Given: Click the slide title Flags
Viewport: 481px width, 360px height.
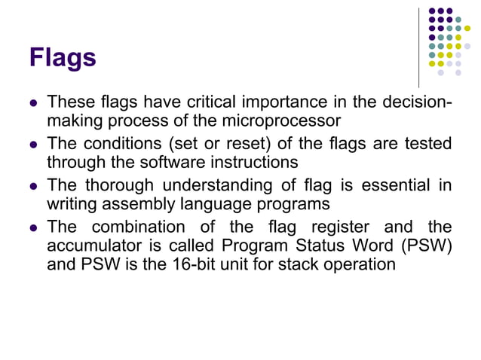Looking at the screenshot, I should (63, 57).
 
